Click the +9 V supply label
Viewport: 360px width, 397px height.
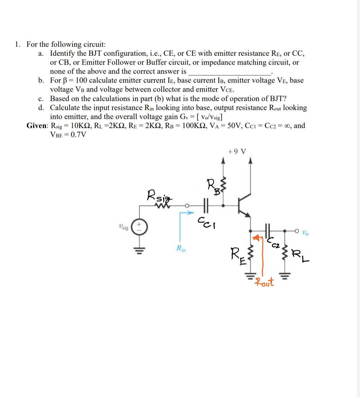coord(237,152)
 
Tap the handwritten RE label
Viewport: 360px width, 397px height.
coord(237,256)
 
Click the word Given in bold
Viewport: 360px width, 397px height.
coord(37,126)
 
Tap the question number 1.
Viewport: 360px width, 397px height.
coord(17,44)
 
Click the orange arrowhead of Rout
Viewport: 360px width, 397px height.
coord(256,238)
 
